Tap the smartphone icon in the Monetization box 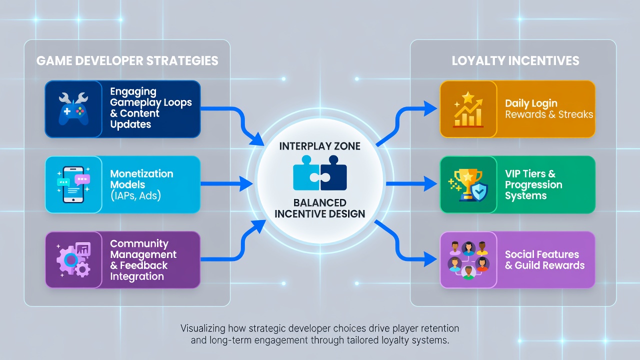[x=73, y=184]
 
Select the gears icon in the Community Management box [x=73, y=259]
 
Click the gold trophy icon [x=467, y=185]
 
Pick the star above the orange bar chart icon [x=468, y=97]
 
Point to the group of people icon [x=468, y=260]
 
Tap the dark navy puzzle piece [x=333, y=173]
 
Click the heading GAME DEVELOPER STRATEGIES [x=127, y=61]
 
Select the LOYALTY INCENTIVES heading [x=515, y=61]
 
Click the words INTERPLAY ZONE [x=319, y=146]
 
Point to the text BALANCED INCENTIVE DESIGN [x=319, y=208]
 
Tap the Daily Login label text [x=531, y=103]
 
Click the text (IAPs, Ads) [x=135, y=195]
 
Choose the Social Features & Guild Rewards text [x=544, y=260]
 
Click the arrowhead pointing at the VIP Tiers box [x=430, y=183]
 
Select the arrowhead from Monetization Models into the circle [x=246, y=183]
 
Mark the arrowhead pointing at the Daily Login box [x=430, y=108]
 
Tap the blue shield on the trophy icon [x=479, y=192]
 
